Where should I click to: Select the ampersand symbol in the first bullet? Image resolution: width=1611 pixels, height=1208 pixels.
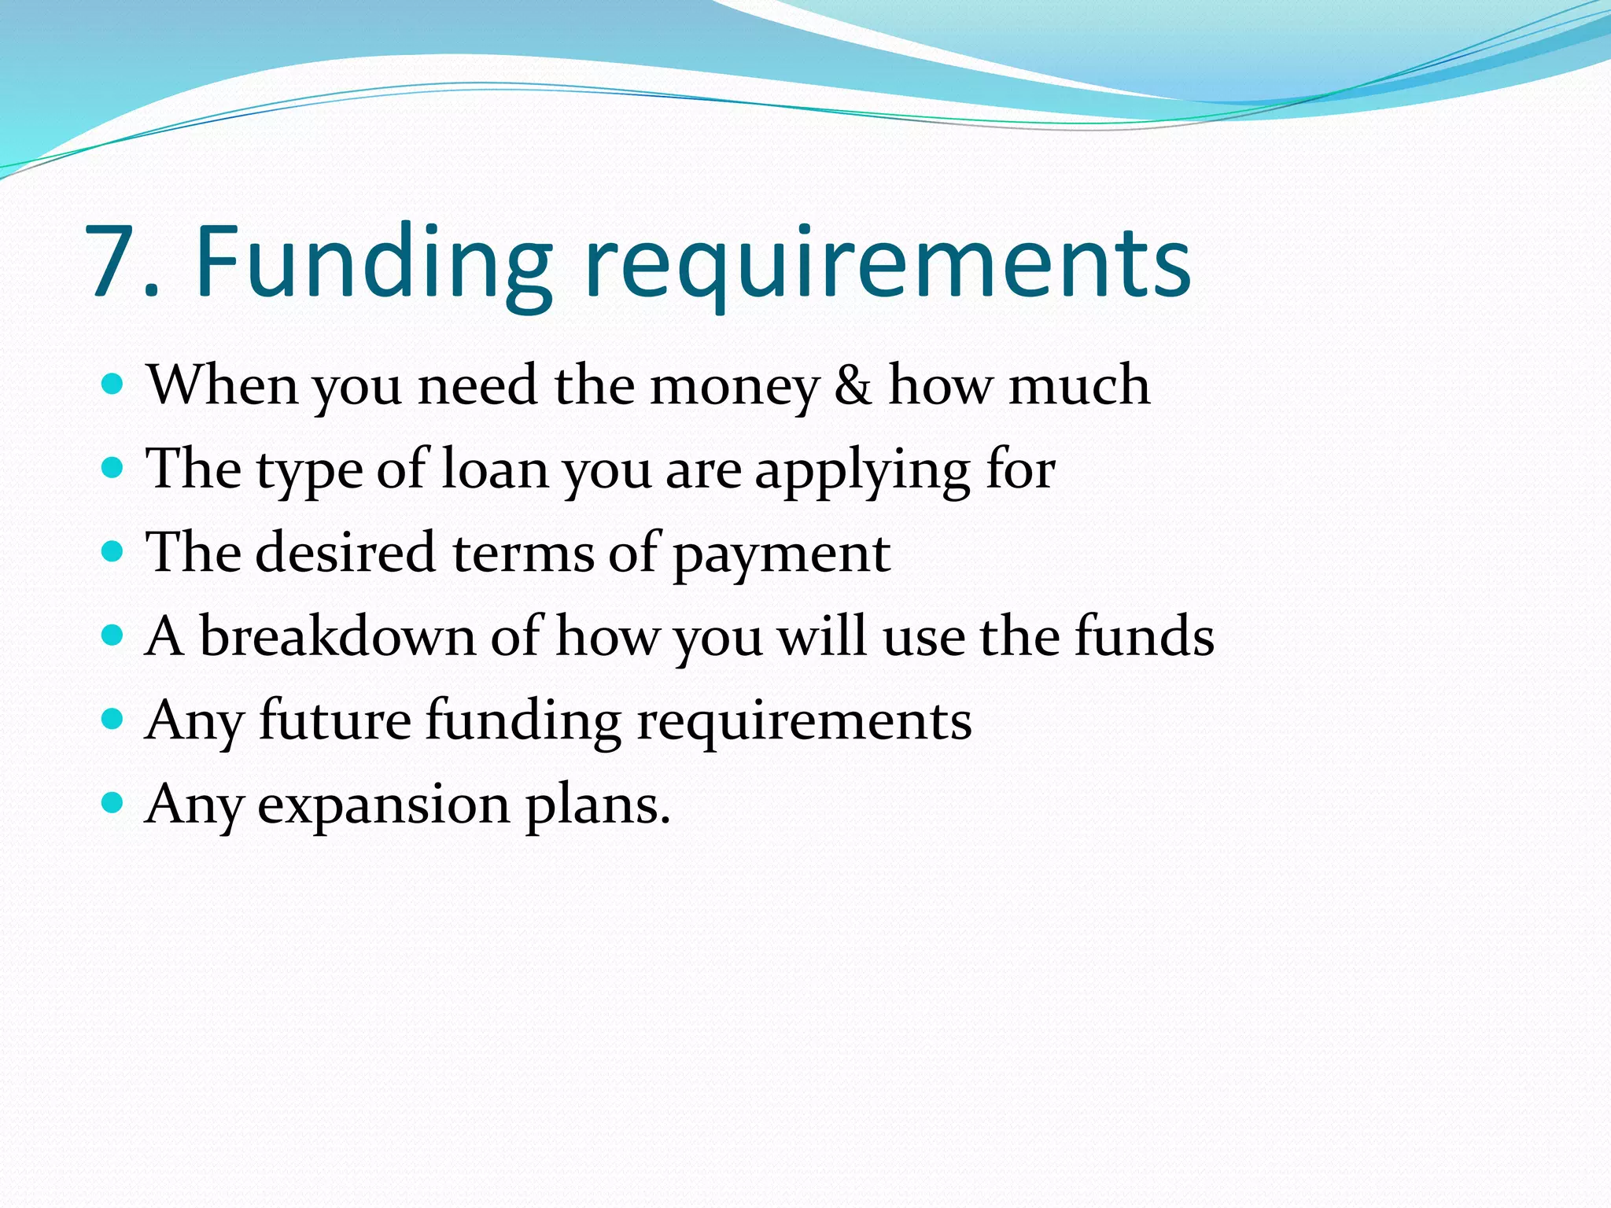853,386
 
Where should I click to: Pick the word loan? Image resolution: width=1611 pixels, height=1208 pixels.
494,470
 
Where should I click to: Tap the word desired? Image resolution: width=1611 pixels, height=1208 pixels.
345,553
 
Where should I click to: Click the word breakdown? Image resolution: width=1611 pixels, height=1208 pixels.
337,636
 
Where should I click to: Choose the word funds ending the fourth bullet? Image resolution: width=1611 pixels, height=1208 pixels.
1145,636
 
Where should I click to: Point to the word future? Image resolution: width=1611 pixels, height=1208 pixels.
335,720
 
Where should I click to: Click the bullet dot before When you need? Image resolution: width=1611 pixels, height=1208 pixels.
113,385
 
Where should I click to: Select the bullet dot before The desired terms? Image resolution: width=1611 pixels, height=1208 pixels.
113,551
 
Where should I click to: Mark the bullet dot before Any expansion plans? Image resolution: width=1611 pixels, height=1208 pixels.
113,803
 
